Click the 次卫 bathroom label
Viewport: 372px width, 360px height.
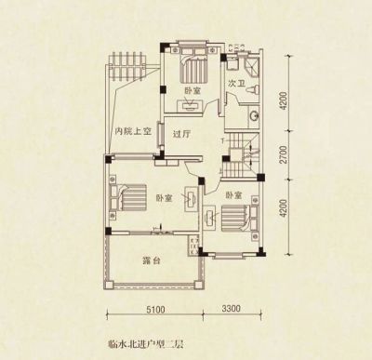(235, 84)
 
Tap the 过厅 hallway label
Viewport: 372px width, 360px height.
(181, 135)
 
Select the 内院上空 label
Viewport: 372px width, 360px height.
(133, 132)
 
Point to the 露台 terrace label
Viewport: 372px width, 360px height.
(152, 260)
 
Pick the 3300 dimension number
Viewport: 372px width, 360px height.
(231, 308)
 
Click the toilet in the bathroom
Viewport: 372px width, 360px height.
(252, 89)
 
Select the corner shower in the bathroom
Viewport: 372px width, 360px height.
(252, 66)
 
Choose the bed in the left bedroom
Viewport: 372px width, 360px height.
(128, 198)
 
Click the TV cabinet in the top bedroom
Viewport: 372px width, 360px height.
(191, 105)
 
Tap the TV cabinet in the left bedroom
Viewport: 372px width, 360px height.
(191, 199)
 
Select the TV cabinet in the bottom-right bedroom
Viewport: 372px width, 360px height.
(210, 218)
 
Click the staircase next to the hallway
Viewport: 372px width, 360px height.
(241, 155)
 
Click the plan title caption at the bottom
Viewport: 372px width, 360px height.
(146, 343)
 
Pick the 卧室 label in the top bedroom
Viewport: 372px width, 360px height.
(193, 91)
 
